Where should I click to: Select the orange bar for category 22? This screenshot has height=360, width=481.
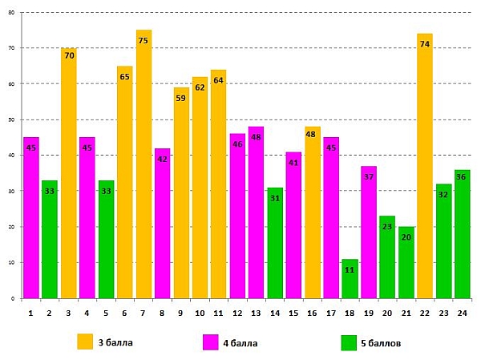[425, 168]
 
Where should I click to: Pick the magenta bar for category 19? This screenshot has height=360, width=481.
[369, 233]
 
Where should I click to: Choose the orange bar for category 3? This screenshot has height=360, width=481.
[69, 176]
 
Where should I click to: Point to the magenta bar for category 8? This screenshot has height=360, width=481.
[163, 224]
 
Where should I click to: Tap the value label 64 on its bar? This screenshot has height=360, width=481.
[219, 80]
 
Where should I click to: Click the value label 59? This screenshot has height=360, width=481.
[181, 99]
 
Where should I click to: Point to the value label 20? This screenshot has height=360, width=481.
[406, 237]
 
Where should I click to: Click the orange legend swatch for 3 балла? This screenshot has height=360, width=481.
[85, 342]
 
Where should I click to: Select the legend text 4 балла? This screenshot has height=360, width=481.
[240, 342]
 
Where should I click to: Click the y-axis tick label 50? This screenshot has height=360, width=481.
[12, 119]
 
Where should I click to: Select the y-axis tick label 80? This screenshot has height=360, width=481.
[12, 12]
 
